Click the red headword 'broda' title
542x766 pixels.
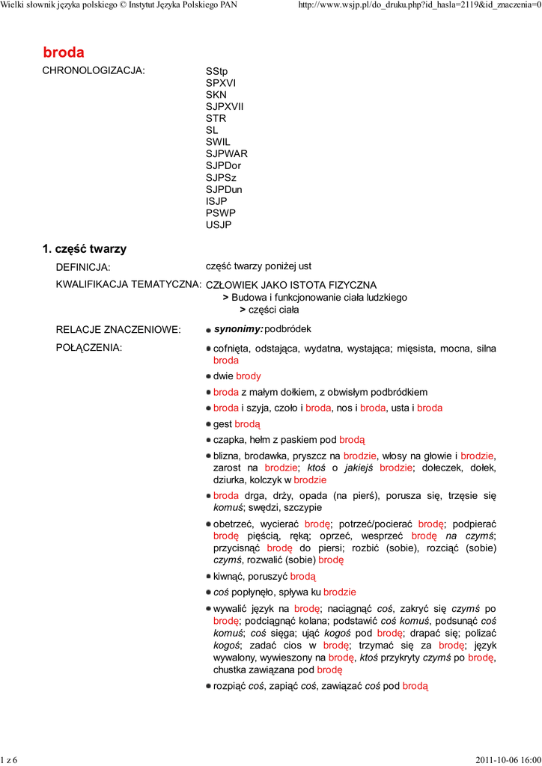coord(64,52)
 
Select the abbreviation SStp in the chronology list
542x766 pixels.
coord(216,71)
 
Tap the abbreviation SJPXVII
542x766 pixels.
coord(225,106)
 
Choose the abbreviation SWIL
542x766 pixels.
coord(218,142)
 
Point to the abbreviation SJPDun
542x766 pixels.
coord(224,189)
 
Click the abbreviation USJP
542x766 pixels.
coord(219,225)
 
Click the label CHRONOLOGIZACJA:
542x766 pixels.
coord(94,71)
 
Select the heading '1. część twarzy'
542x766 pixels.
coord(85,249)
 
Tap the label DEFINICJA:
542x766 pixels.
coord(83,267)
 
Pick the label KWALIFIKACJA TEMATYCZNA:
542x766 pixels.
coord(129,285)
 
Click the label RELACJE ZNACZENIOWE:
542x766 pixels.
coord(118,330)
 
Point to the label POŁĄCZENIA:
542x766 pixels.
coord(89,348)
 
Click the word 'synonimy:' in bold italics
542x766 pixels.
coord(238,329)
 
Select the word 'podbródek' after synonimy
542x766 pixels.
coord(287,329)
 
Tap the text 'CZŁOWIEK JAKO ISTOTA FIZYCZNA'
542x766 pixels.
coord(291,285)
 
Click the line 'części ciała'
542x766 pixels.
coord(273,309)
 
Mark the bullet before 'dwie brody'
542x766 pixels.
coord(209,377)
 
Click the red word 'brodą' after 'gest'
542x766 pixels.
coord(247,423)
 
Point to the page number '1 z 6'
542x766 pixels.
coord(9,760)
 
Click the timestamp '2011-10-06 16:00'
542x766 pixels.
coord(508,760)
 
